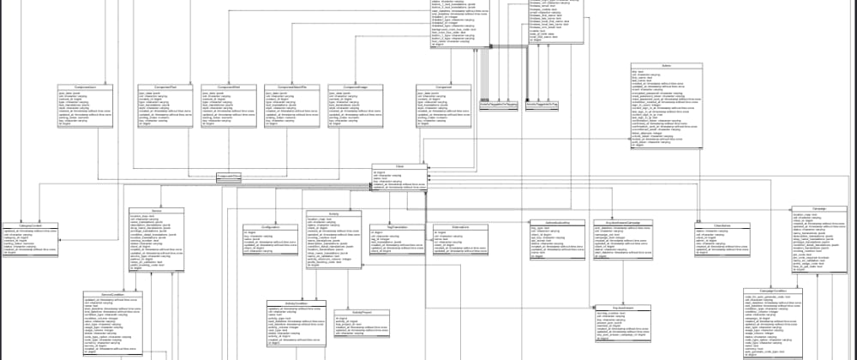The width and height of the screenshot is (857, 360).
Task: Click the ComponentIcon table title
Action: coord(85,87)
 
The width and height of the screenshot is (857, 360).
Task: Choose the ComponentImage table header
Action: coord(357,87)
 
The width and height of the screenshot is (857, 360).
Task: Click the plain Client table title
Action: coord(399,167)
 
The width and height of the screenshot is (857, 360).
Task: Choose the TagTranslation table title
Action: coord(396,226)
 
